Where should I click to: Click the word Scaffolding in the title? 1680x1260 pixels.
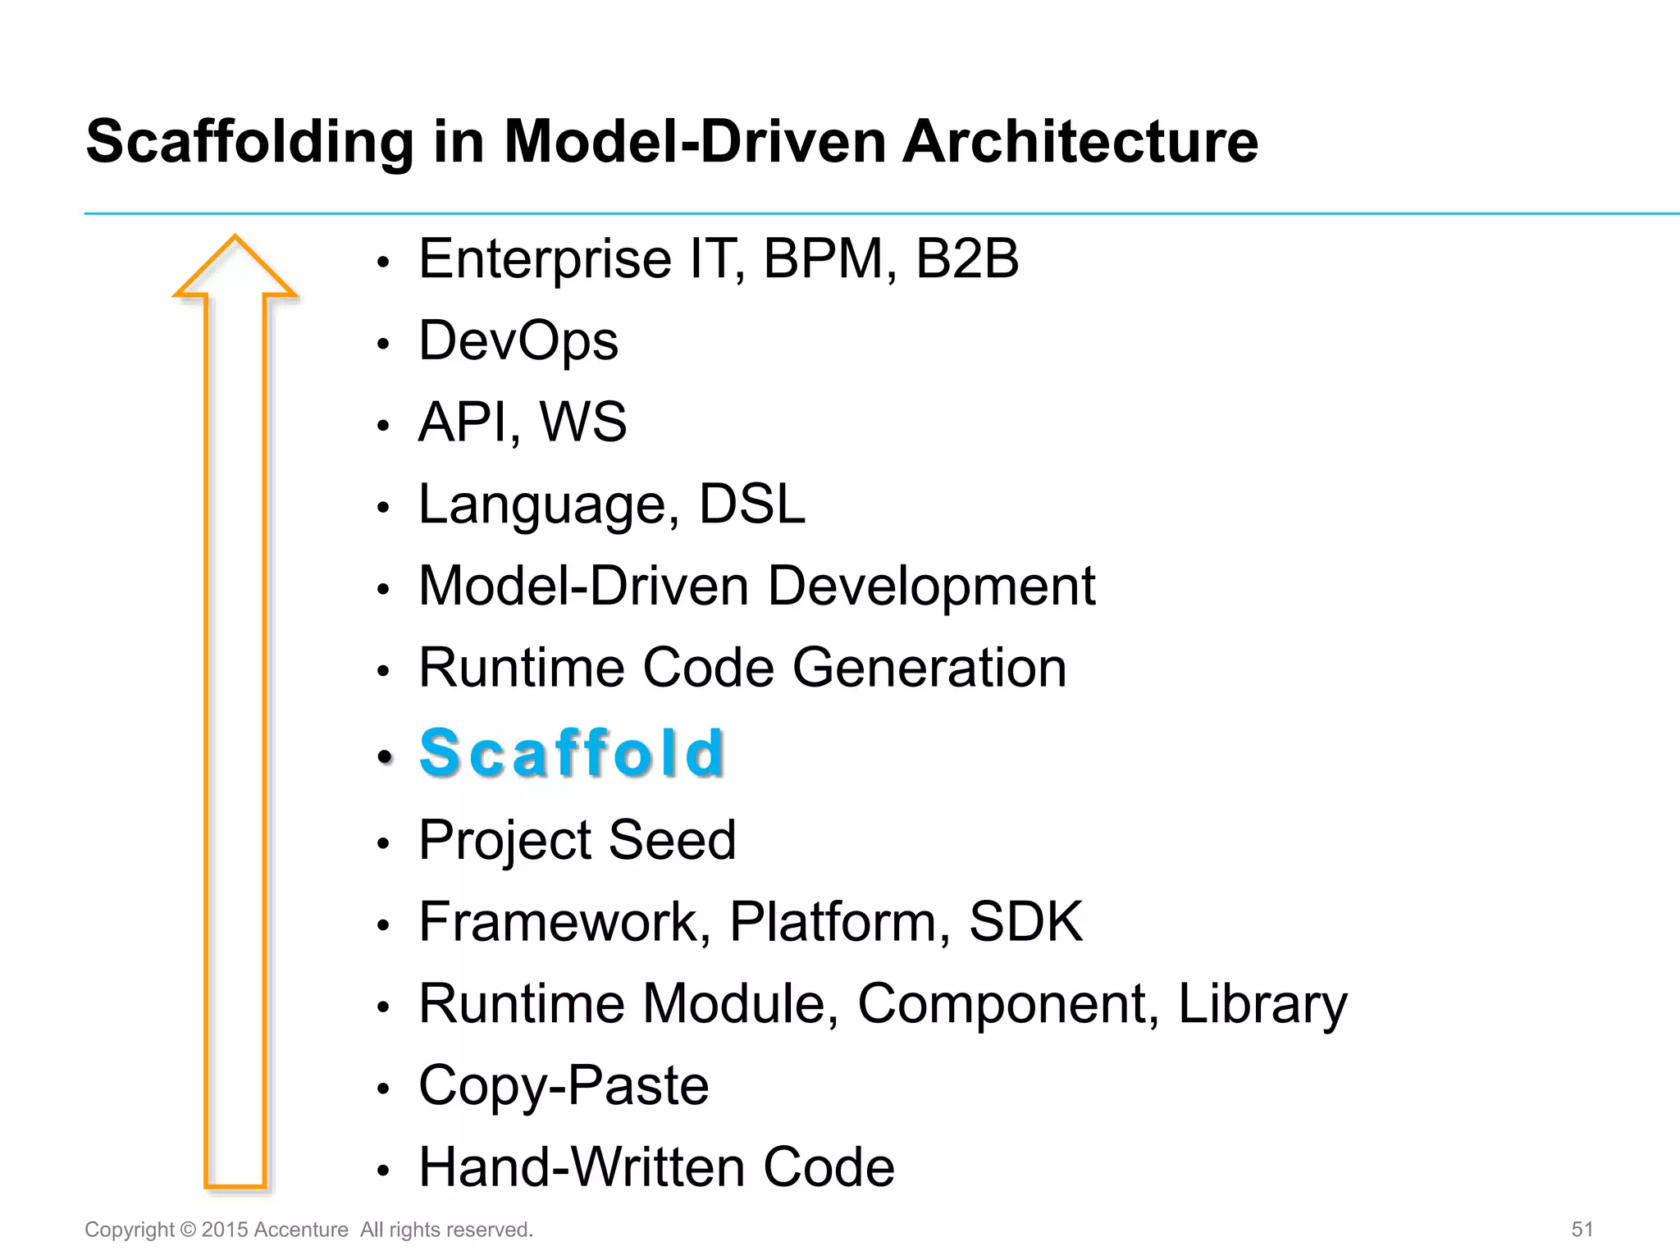[x=250, y=142]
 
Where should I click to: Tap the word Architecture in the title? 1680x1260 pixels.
[x=1080, y=142]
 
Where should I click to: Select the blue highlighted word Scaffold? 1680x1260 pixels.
[x=572, y=753]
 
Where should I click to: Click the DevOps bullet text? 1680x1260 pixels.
[x=518, y=340]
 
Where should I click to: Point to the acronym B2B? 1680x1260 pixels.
[x=966, y=259]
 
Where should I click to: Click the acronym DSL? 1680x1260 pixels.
[x=751, y=504]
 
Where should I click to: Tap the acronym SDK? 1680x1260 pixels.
[x=1025, y=921]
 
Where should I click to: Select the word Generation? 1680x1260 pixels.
[x=929, y=668]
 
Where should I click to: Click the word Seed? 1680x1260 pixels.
[x=672, y=840]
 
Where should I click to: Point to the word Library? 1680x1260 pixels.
[x=1262, y=1004]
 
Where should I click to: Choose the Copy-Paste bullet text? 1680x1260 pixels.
[x=564, y=1085]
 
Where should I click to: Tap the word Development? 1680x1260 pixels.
[x=931, y=586]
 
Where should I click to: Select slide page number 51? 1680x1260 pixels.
[x=1582, y=1230]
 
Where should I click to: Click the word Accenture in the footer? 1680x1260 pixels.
[x=301, y=1230]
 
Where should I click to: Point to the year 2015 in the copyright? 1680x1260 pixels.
[x=224, y=1230]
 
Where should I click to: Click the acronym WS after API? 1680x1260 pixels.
[x=583, y=422]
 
